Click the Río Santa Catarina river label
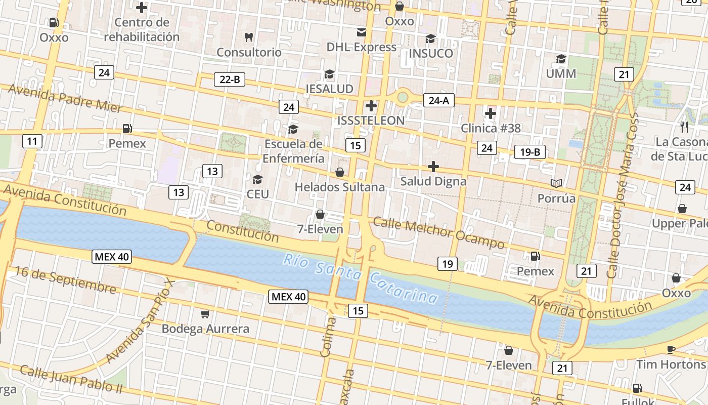360,278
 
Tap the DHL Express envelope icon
362,32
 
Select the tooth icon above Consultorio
248,37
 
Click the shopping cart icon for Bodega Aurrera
205,314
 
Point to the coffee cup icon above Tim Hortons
671,349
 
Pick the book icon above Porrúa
556,183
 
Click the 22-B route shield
230,79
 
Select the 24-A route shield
438,100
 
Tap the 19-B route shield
530,152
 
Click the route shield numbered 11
32,141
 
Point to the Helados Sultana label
340,187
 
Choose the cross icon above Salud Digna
433,166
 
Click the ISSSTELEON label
371,120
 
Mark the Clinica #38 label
491,128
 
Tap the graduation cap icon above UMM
561,59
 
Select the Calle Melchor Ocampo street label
438,233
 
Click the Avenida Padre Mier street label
65,98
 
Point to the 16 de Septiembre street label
65,279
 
